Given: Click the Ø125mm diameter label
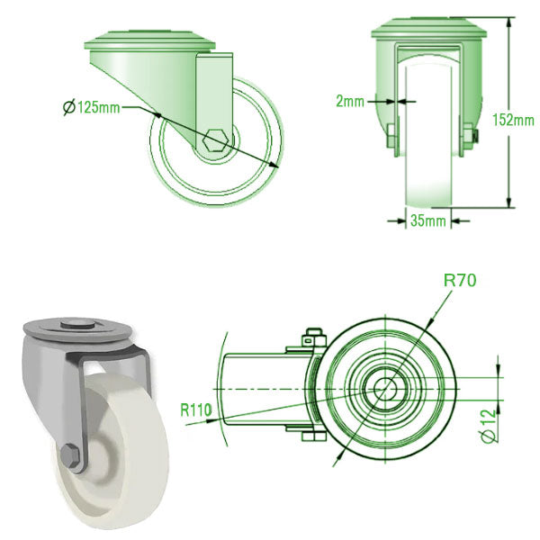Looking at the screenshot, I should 94,108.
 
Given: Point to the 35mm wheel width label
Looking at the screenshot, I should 428,220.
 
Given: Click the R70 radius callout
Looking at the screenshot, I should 460,280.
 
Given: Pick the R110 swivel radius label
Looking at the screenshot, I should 195,410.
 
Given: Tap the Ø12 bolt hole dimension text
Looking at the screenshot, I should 489,426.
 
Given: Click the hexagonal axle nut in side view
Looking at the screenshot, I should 217,140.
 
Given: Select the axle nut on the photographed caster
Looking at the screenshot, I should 73,456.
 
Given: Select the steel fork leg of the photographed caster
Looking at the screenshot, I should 76,405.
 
